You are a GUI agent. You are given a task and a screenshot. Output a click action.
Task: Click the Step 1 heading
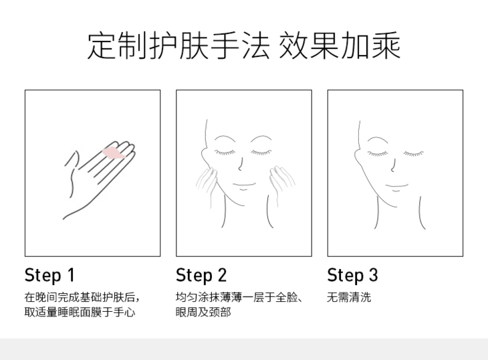point(49,275)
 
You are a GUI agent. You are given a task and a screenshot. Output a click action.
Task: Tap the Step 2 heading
point(201,275)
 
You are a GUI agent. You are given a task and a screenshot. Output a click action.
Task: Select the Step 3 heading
point(352,275)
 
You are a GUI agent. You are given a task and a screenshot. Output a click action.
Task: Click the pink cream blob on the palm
point(113,153)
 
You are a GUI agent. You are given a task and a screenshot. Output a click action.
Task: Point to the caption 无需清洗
point(349,297)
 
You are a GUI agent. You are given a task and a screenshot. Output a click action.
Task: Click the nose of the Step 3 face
point(393,165)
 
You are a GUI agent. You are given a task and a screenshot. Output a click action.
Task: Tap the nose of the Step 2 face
point(241,164)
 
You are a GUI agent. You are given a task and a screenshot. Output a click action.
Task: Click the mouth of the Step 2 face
point(244,186)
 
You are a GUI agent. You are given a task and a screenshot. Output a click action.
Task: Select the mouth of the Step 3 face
point(396,187)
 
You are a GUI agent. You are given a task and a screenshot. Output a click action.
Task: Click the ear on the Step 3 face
point(358,155)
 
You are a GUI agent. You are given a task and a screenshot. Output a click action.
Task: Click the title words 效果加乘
point(340,46)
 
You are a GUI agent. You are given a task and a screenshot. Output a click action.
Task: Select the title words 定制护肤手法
point(178,46)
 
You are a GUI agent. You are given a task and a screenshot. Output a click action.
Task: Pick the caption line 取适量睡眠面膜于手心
point(80,312)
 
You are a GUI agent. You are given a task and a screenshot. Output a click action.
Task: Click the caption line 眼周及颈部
point(203,312)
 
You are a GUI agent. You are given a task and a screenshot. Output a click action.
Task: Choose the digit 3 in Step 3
point(374,275)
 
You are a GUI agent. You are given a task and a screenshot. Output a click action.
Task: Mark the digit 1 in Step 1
point(72,275)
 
